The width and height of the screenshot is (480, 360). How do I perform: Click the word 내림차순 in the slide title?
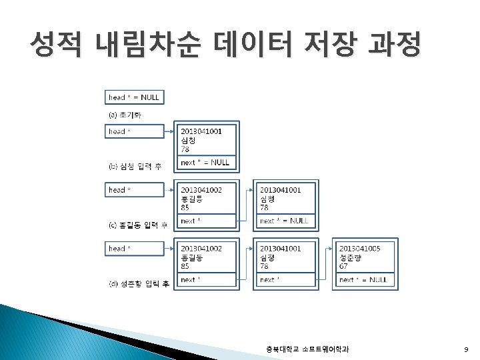pos(147,45)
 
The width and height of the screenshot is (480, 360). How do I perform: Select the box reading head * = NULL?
pos(134,97)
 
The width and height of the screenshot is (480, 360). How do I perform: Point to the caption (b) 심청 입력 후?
pos(135,166)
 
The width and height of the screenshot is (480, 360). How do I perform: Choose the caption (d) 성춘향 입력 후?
pos(139,284)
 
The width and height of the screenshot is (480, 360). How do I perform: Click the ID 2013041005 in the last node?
pos(359,249)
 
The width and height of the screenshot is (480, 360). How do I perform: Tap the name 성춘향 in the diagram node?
pos(351,257)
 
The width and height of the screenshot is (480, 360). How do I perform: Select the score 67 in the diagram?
pos(343,266)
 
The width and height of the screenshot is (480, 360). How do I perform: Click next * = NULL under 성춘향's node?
pos(363,280)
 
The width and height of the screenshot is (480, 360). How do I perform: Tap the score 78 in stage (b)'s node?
pos(185,149)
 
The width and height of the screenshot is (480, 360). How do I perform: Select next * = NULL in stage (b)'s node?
pos(205,162)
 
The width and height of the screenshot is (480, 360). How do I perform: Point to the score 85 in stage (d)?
pos(185,266)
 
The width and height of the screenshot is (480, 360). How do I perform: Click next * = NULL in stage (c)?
pos(283,221)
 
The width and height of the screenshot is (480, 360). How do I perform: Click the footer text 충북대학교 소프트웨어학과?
pos(307,349)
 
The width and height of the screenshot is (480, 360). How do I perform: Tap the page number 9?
pos(466,349)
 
